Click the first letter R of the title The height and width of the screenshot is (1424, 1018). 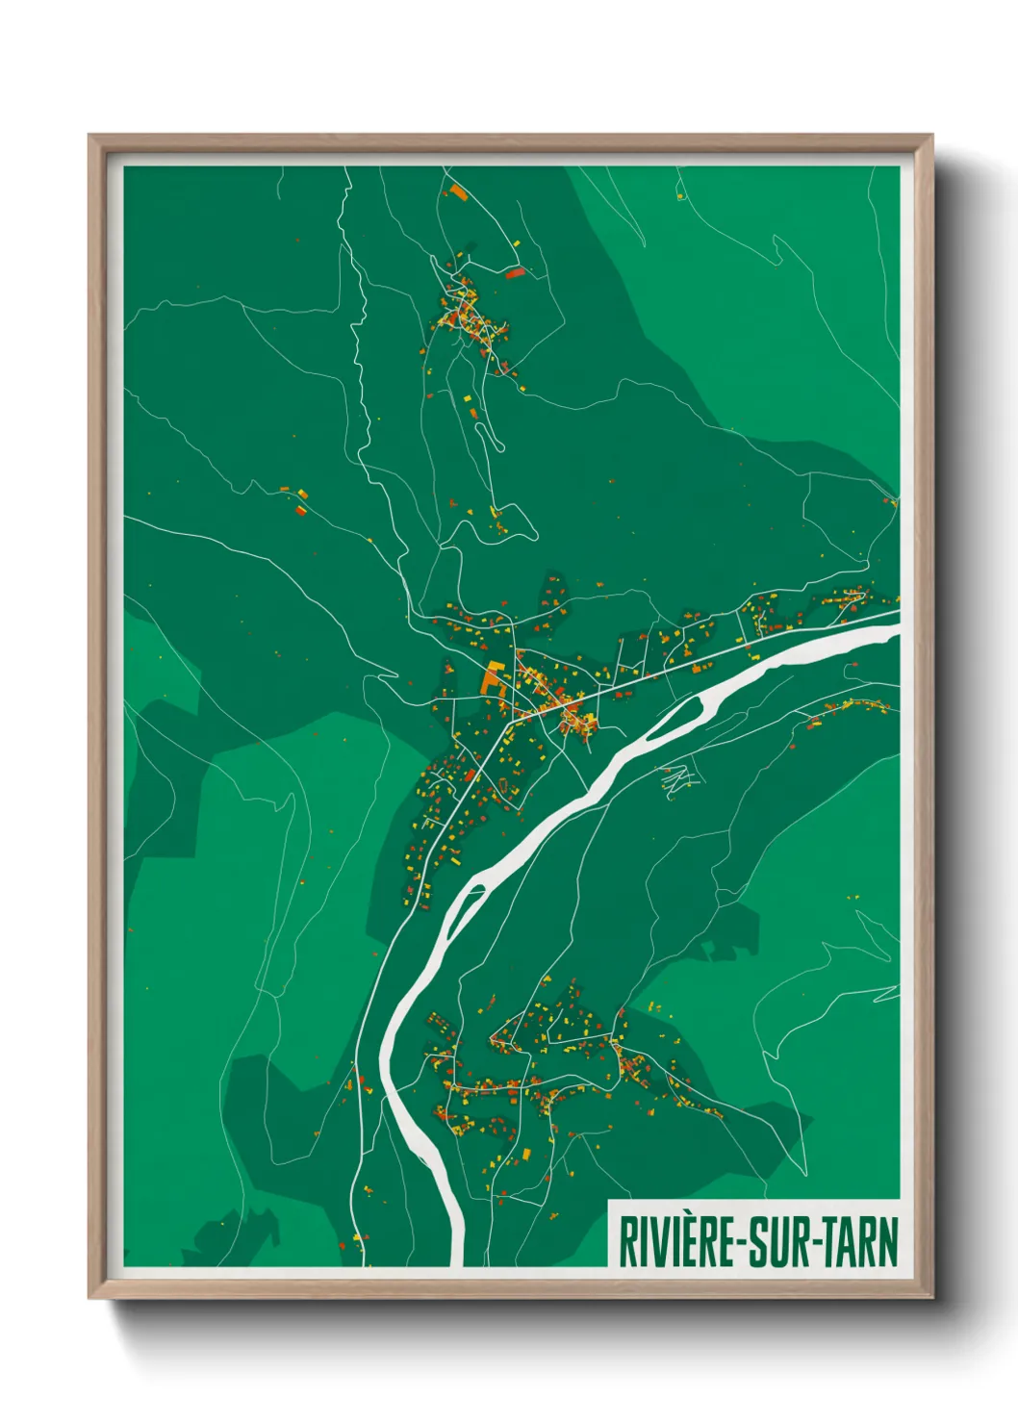[626, 1242]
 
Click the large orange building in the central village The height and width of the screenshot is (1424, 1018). [495, 678]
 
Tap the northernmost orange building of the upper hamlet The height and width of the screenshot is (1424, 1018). [456, 191]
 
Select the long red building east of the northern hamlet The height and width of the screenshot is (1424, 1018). [515, 273]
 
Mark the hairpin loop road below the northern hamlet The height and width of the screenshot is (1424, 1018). [497, 438]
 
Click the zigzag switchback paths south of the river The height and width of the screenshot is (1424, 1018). [677, 779]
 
